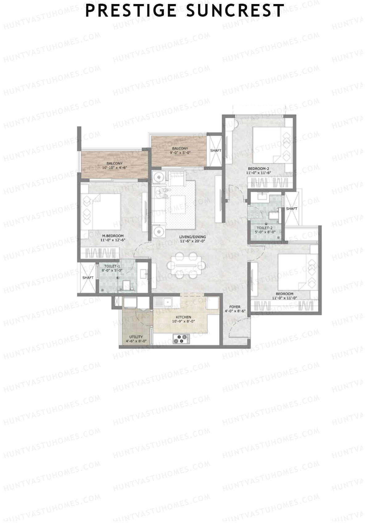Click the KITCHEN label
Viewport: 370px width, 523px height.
point(183,317)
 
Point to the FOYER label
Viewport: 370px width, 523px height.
point(235,307)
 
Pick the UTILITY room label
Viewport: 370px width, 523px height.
point(136,337)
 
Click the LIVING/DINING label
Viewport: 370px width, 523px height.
point(193,237)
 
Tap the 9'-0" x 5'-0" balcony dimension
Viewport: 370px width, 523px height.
point(180,152)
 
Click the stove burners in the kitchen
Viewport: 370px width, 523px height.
point(181,339)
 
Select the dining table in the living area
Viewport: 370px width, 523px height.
point(187,265)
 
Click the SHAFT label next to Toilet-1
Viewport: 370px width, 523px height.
point(88,278)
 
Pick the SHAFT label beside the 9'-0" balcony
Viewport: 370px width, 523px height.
point(216,151)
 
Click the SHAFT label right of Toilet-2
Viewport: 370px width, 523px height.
point(292,209)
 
